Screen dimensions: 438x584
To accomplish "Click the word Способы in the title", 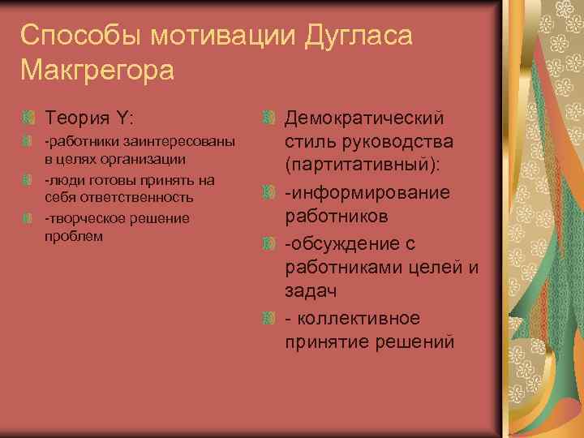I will pos(72,36).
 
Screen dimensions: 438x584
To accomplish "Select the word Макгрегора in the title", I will pos(98,71).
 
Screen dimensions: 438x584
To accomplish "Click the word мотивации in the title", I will pos(208,36).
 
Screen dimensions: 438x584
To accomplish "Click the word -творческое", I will pos(79,217).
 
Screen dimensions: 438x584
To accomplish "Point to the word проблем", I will pos(74,236).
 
